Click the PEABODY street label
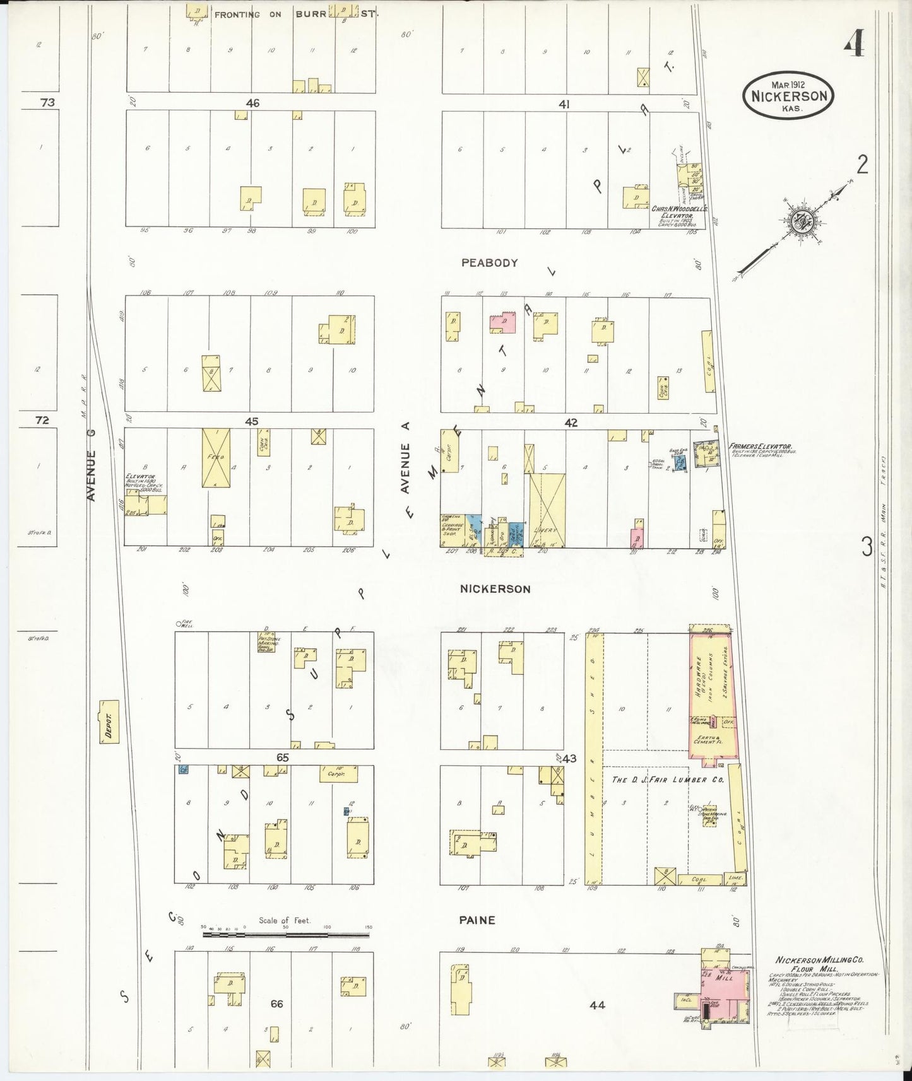pos(489,263)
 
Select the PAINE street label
pos(477,920)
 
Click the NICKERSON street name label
pos(495,589)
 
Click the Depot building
pos(109,721)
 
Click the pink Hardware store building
pos(712,694)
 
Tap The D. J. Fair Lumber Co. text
pos(668,780)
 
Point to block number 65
pos(282,757)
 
